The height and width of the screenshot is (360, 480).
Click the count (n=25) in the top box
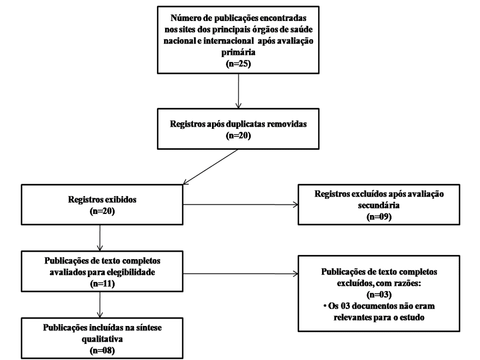point(238,64)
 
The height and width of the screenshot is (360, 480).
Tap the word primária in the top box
point(238,52)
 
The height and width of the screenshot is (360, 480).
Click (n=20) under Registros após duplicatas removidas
point(238,135)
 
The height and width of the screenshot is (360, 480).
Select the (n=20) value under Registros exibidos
point(102,211)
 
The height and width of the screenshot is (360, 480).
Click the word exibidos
point(121,200)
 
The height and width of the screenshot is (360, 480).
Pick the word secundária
point(379,205)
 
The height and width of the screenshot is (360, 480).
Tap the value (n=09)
point(379,217)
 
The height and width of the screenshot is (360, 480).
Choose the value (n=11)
point(102,284)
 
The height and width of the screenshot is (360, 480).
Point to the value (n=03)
point(379,295)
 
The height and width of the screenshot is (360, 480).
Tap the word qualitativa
point(102,339)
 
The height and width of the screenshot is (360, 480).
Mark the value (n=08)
point(102,350)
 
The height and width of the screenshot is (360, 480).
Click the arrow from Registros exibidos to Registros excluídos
point(241,205)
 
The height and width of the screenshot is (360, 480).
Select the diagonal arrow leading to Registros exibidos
point(210,167)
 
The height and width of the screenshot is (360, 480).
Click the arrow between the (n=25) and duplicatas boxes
point(238,91)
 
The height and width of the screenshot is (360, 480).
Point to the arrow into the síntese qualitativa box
point(100,305)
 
